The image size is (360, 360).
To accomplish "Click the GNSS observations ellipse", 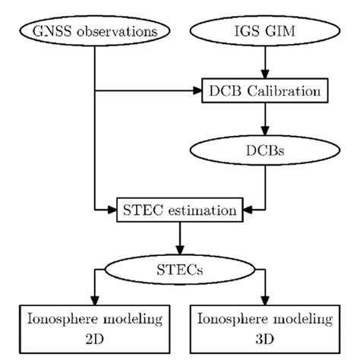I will tap(93, 32).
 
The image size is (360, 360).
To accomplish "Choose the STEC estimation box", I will tap(180, 207).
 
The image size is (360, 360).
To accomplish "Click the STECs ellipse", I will tap(180, 268).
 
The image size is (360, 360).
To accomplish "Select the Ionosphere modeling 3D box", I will tap(267, 325).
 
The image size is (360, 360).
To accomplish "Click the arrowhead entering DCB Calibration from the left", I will tap(197, 92).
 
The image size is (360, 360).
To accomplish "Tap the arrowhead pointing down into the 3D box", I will tap(267, 298).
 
